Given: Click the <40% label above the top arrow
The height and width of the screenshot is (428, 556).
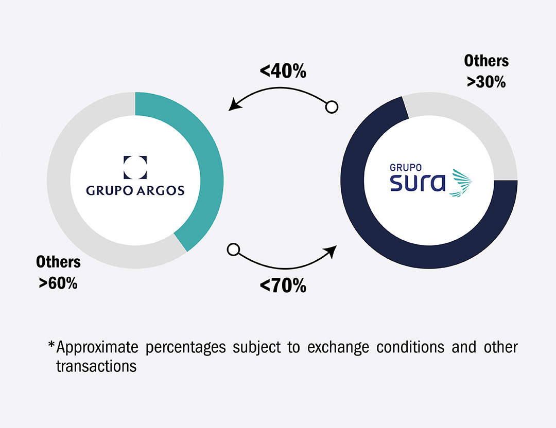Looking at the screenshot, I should coord(283,71).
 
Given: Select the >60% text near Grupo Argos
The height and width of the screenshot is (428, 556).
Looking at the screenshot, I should coord(58,282).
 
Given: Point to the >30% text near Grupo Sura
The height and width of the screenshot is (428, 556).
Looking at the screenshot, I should coord(486,82).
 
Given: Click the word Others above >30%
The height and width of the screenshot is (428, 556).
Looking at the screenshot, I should coord(486,61).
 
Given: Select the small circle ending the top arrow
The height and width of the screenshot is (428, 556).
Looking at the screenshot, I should coord(332,108).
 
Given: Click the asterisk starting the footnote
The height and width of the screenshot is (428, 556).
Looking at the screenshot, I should coord(51,345).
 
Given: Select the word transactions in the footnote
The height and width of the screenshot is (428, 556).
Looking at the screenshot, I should coord(96,366).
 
